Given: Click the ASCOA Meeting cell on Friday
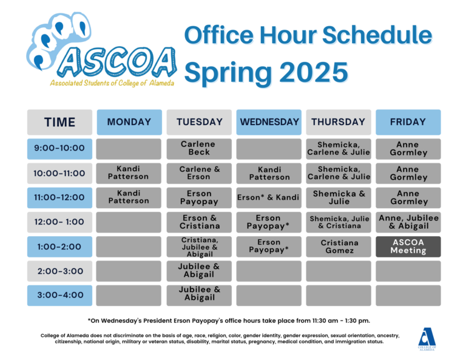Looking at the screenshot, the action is pyautogui.click(x=408, y=246).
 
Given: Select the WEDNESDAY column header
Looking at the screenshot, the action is pyautogui.click(x=269, y=122).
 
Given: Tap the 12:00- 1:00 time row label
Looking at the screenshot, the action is pyautogui.click(x=59, y=222).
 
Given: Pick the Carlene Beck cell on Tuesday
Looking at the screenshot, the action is pyautogui.click(x=199, y=149).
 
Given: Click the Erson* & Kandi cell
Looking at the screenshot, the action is pyautogui.click(x=269, y=198).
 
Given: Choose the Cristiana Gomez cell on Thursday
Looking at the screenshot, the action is pyautogui.click(x=339, y=246).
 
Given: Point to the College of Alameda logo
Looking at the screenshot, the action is pyautogui.click(x=427, y=339).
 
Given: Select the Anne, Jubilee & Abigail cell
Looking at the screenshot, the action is pyautogui.click(x=408, y=222).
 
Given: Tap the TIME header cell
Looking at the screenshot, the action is pyautogui.click(x=59, y=122).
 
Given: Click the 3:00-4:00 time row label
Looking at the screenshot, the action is pyautogui.click(x=59, y=296).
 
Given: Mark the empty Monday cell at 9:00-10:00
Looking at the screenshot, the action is pyautogui.click(x=129, y=149).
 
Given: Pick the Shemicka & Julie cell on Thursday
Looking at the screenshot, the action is pyautogui.click(x=339, y=198).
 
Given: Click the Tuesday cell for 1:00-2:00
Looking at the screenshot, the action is pyautogui.click(x=199, y=246).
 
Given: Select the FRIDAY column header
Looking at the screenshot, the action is pyautogui.click(x=408, y=122).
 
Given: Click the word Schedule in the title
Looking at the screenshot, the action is pyautogui.click(x=377, y=35).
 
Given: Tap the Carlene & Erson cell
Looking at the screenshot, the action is pyautogui.click(x=199, y=173).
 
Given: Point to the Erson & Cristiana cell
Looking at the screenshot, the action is pyautogui.click(x=199, y=222).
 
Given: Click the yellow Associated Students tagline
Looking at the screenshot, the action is pyautogui.click(x=112, y=83).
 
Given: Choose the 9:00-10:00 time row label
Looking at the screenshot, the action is pyautogui.click(x=59, y=149).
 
